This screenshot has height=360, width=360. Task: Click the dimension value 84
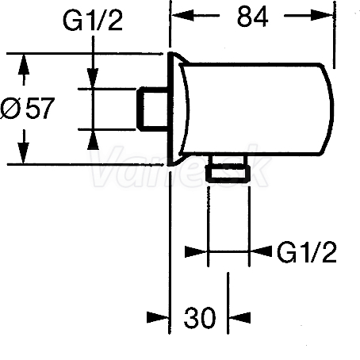pyautogui.click(x=252, y=17)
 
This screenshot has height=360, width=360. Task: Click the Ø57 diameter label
pyautogui.click(x=28, y=108)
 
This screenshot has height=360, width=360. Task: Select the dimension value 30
pyautogui.click(x=200, y=318)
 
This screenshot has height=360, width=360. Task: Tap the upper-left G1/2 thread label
pyautogui.click(x=93, y=21)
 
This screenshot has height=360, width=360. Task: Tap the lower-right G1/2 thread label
pyautogui.click(x=307, y=252)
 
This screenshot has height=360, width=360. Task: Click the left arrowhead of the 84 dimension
pyautogui.click(x=183, y=15)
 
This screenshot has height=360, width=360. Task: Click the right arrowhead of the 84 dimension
pyautogui.click(x=322, y=15)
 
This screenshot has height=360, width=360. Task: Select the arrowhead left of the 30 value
pyautogui.click(x=158, y=317)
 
